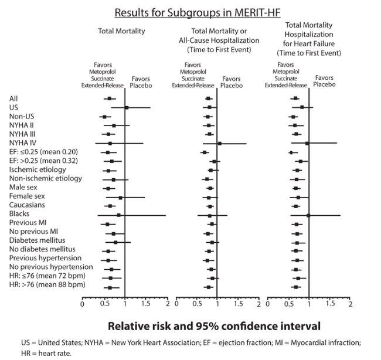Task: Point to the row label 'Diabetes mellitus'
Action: (x=36, y=240)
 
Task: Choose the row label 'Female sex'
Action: (x=27, y=196)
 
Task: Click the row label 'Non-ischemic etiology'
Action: (x=45, y=178)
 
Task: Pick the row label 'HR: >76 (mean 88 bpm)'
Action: (x=47, y=284)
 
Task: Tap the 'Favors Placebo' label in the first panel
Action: (x=140, y=81)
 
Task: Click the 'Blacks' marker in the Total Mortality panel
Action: (x=118, y=215)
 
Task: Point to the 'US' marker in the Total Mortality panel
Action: (x=127, y=108)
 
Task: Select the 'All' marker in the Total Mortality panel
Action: (x=110, y=99)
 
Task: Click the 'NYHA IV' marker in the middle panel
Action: (x=219, y=143)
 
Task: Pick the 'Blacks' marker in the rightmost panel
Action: (x=308, y=215)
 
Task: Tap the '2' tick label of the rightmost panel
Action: (x=351, y=304)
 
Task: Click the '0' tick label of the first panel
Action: (x=83, y=304)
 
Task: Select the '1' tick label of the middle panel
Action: (x=217, y=304)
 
